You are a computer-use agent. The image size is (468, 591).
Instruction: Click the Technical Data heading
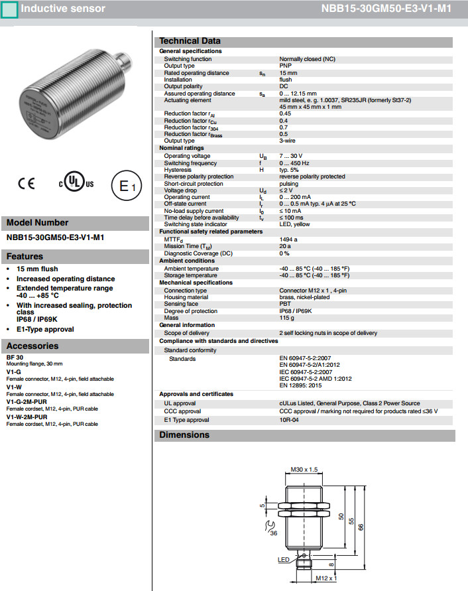tap(190, 41)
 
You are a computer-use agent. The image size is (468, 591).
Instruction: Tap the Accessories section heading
tap(32, 346)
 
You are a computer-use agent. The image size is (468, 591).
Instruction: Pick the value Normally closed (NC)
tap(307, 59)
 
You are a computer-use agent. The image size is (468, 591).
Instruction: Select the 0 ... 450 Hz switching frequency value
tap(295, 163)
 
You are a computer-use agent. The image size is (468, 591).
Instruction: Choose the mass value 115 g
tap(286, 318)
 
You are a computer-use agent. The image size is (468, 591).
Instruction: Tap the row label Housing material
tap(187, 297)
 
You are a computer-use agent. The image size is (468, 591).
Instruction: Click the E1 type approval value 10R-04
tap(290, 420)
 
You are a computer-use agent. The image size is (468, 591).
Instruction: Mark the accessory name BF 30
tap(15, 358)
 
